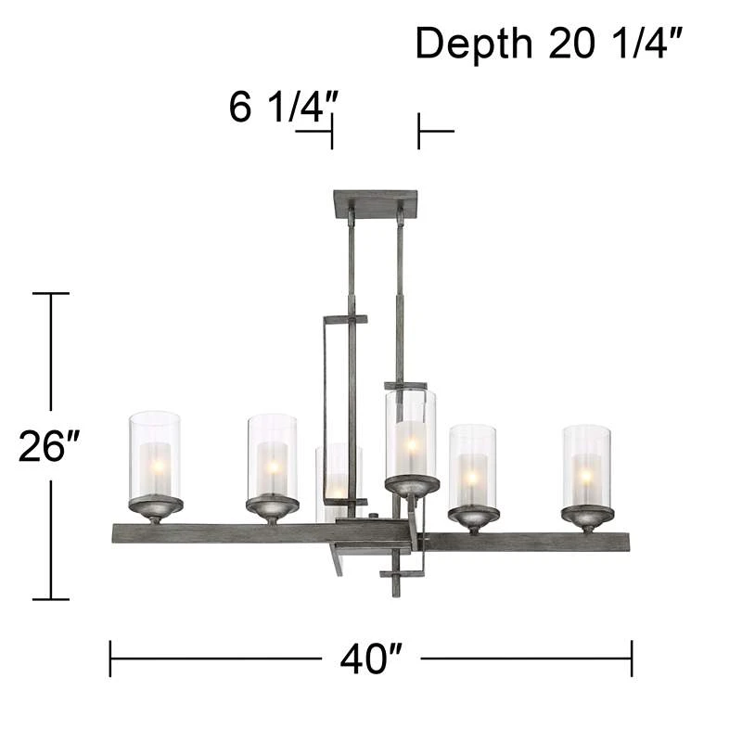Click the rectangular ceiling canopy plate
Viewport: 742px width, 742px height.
(x=376, y=204)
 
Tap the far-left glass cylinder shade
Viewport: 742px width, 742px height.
(x=155, y=454)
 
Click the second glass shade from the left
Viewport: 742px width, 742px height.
(x=273, y=455)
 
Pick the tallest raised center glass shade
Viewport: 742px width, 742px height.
(x=410, y=433)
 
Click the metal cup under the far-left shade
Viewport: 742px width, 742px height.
(x=155, y=506)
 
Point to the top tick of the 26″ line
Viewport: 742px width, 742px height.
(x=51, y=293)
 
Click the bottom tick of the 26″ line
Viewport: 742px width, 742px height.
(x=51, y=599)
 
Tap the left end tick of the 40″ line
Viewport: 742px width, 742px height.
(x=110, y=659)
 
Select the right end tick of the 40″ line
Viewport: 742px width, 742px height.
(x=632, y=659)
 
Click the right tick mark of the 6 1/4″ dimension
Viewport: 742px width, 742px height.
(x=419, y=131)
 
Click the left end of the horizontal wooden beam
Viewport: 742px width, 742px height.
(x=118, y=532)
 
